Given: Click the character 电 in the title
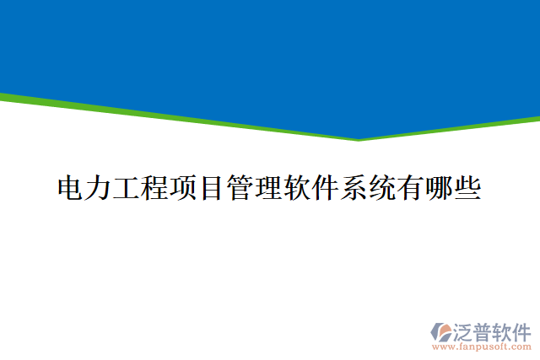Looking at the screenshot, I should pyautogui.click(x=70, y=187).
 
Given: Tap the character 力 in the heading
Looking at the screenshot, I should pyautogui.click(x=98, y=187).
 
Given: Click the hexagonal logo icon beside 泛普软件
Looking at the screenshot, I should pyautogui.click(x=442, y=331).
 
